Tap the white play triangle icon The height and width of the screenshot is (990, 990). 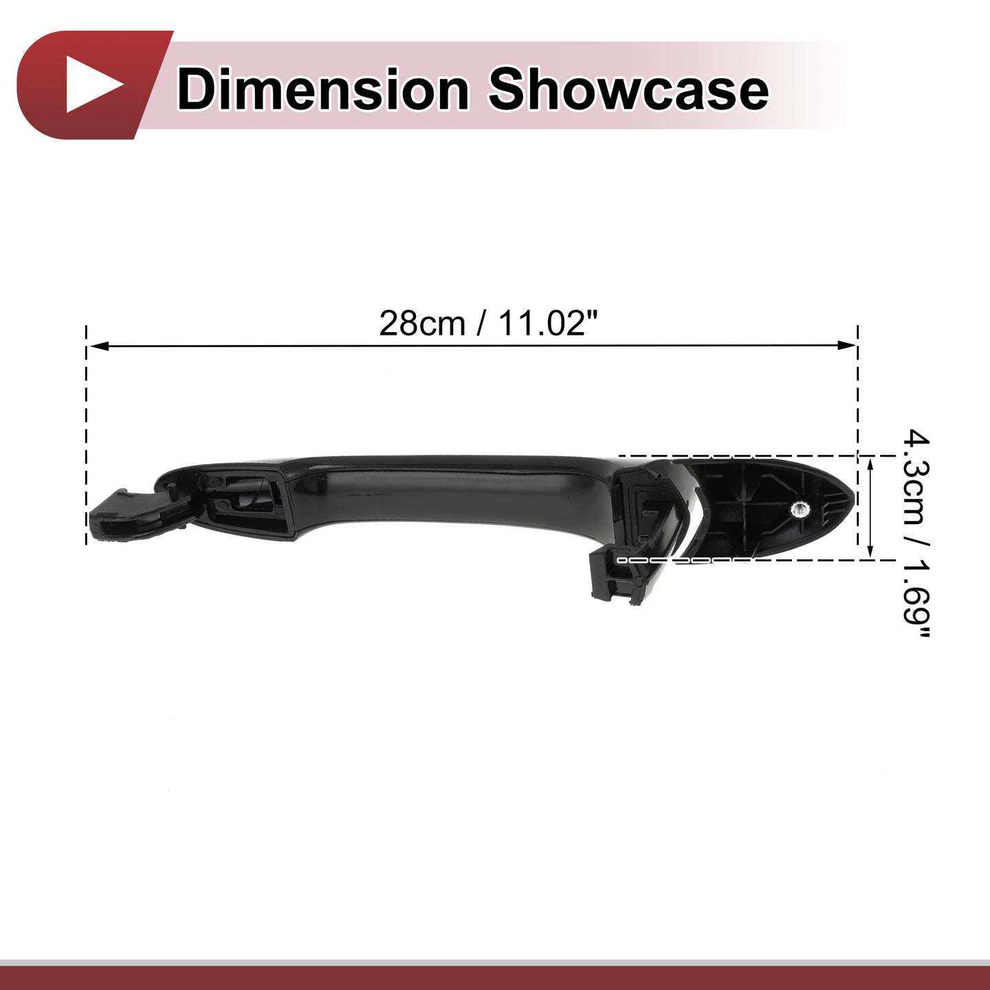94,85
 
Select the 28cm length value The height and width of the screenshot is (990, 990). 422,324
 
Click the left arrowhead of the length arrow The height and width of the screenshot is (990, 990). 98,346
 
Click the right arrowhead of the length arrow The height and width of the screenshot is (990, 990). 846,346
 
